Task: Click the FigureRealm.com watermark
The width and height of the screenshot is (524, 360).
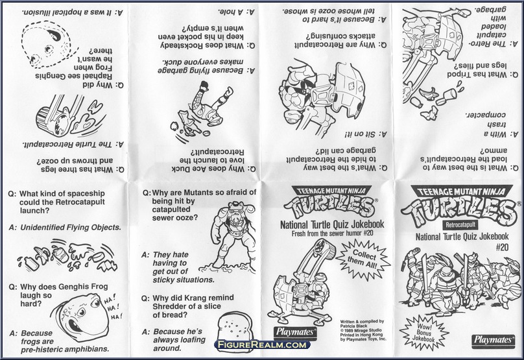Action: [x=262, y=345]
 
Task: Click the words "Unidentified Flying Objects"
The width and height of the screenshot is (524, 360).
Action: [x=70, y=227]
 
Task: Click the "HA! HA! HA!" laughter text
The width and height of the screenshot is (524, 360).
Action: [x=112, y=308]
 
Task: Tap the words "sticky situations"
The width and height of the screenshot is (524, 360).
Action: [x=183, y=280]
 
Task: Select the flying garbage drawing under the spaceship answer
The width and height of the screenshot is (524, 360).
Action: [x=64, y=256]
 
